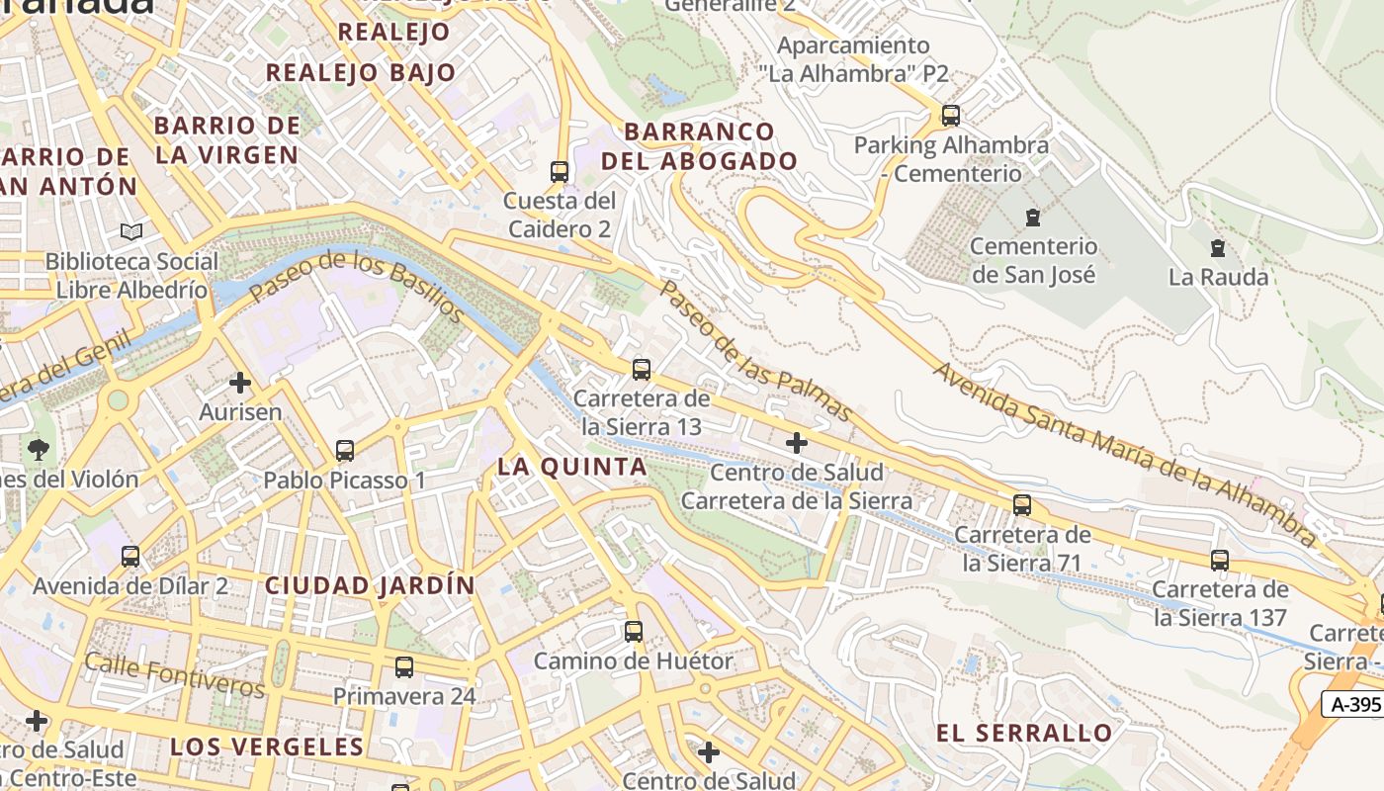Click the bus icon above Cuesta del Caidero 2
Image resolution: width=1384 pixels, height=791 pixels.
[x=560, y=171]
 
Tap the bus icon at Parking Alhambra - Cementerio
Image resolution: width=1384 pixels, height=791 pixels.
[x=951, y=116]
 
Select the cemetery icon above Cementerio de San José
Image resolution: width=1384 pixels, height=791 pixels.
[x=1033, y=217]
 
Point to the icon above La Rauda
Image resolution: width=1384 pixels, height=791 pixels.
[x=1218, y=248]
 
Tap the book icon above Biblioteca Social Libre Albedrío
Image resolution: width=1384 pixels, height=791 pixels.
[x=131, y=232]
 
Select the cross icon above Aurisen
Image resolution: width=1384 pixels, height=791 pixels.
[x=240, y=383]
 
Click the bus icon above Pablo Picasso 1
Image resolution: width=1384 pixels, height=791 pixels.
[x=345, y=451]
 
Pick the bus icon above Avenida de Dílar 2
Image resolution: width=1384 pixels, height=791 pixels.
[x=130, y=557]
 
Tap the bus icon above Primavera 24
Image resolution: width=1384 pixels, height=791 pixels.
[x=404, y=667]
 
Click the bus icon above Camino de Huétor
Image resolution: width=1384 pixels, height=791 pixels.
[x=634, y=631]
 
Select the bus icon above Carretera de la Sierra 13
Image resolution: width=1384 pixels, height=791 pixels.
[x=642, y=370]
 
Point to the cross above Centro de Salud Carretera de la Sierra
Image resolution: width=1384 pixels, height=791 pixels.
[x=797, y=443]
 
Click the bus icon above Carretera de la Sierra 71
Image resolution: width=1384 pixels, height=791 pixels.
[x=1022, y=505]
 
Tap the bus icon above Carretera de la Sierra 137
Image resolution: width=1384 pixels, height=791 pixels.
[x=1220, y=561]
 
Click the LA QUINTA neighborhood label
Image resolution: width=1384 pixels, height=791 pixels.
[x=572, y=467]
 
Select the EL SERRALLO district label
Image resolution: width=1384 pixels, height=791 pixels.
[x=1024, y=733]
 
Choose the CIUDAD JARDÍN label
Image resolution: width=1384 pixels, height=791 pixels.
[x=370, y=585]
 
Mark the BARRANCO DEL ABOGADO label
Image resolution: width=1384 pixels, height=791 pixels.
[x=700, y=146]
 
